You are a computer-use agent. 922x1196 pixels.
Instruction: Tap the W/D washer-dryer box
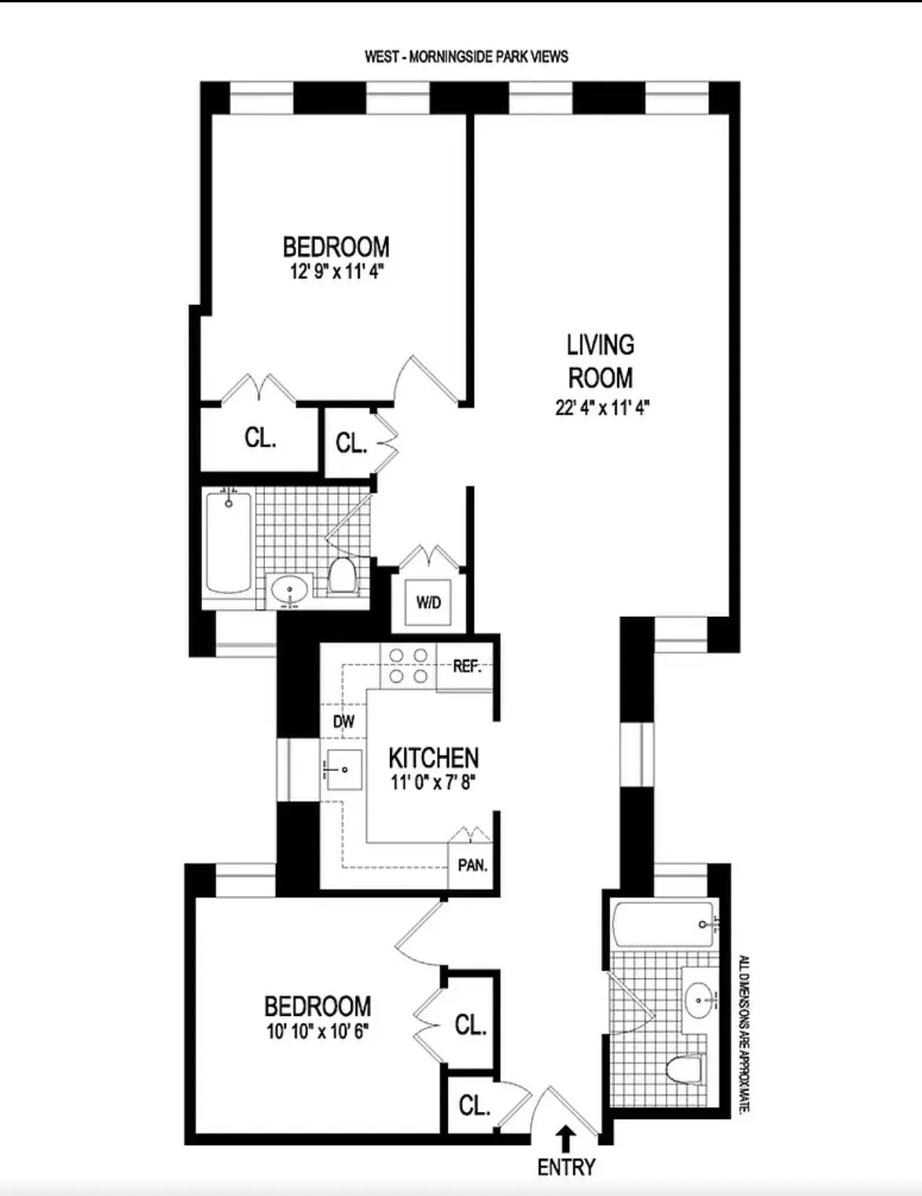pos(428,603)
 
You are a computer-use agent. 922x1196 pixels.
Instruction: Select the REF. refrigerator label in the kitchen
pos(467,666)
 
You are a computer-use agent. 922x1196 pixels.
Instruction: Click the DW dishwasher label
pos(343,721)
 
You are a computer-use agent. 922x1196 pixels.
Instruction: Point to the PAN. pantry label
pos(472,866)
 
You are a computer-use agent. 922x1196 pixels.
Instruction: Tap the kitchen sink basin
pos(343,769)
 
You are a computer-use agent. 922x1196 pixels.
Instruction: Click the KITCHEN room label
pos(433,758)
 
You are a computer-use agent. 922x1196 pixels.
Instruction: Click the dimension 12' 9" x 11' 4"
pos(336,272)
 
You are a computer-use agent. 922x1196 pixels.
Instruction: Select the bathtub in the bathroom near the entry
pos(664,924)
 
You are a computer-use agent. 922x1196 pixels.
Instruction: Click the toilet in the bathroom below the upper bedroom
pos(342,574)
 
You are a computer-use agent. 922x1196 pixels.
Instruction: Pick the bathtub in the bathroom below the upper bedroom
pos(229,542)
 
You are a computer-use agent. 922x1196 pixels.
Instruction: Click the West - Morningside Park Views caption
pos(466,57)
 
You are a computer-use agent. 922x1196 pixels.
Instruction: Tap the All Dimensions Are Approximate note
pos(744,1033)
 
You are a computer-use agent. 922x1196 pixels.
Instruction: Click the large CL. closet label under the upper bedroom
pos(260,437)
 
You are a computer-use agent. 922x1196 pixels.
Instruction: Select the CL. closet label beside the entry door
pos(474,1106)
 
